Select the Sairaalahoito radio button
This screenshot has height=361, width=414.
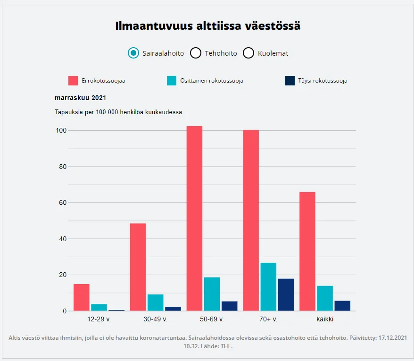pos(133,53)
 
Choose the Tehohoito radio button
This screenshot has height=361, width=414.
pos(196,53)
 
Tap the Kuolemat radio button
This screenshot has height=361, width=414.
pos(248,53)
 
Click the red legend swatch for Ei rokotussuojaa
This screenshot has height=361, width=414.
pos(73,81)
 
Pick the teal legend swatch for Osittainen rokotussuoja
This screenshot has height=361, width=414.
pos(172,81)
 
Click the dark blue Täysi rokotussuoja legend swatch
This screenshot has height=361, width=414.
pos(290,81)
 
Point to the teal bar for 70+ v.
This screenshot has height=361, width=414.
pos(268,287)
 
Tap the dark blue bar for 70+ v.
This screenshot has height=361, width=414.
pos(286,295)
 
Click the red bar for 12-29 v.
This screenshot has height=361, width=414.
pos(82,297)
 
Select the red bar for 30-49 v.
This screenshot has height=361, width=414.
pos(138,267)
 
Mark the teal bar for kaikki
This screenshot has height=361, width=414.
pos(325,298)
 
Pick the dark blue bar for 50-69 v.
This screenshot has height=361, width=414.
pos(229,306)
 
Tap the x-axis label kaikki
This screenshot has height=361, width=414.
pos(325,319)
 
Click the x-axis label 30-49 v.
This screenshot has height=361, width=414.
pos(155,319)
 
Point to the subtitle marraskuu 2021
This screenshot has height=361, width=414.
pos(81,98)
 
